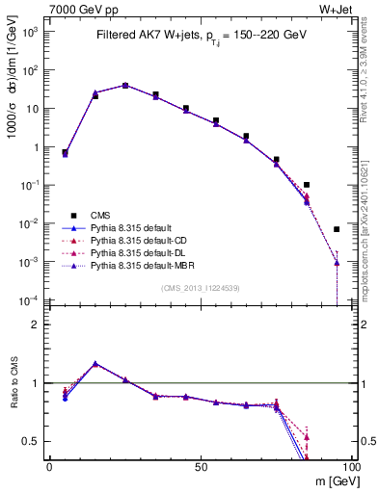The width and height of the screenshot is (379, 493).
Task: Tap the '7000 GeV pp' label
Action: click(x=83, y=10)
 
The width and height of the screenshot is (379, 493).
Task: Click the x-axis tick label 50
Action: click(x=200, y=466)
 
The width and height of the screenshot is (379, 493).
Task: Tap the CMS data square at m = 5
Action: click(x=65, y=152)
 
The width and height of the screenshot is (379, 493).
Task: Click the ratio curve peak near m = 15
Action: click(x=95, y=364)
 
